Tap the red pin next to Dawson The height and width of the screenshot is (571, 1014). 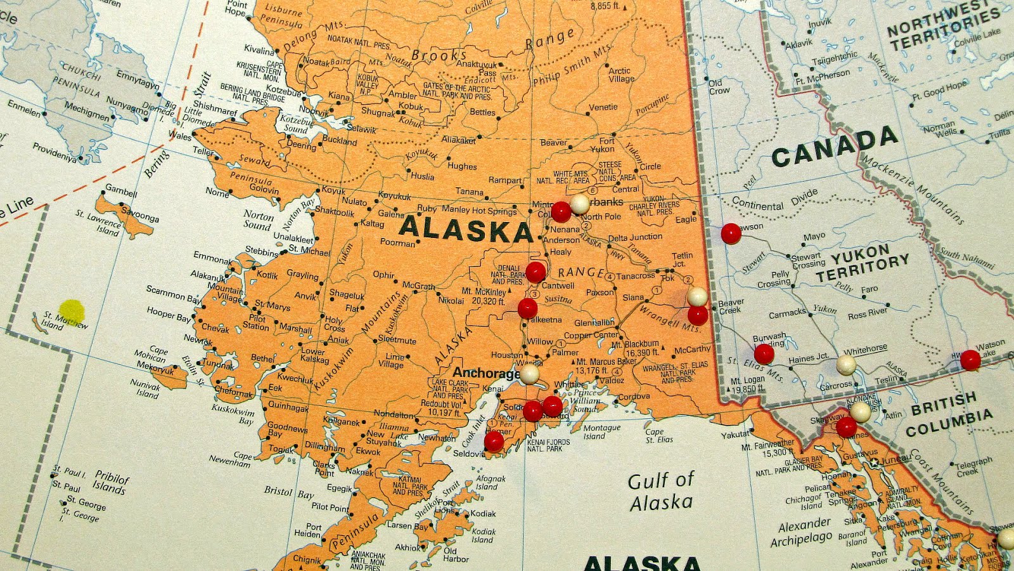(731, 233)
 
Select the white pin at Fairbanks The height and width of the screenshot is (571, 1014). (579, 203)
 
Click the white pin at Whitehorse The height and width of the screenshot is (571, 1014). (846, 364)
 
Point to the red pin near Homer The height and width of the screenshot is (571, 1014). (494, 440)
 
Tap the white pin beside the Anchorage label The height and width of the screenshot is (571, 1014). (529, 374)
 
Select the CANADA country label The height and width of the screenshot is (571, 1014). (835, 147)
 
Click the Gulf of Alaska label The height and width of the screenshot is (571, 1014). (661, 491)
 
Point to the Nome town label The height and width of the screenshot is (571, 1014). (217, 192)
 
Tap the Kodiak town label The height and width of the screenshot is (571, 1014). (483, 513)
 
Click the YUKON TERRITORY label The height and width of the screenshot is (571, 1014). (861, 263)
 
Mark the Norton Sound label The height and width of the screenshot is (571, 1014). (258, 220)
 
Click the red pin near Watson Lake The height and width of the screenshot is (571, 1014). (970, 360)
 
